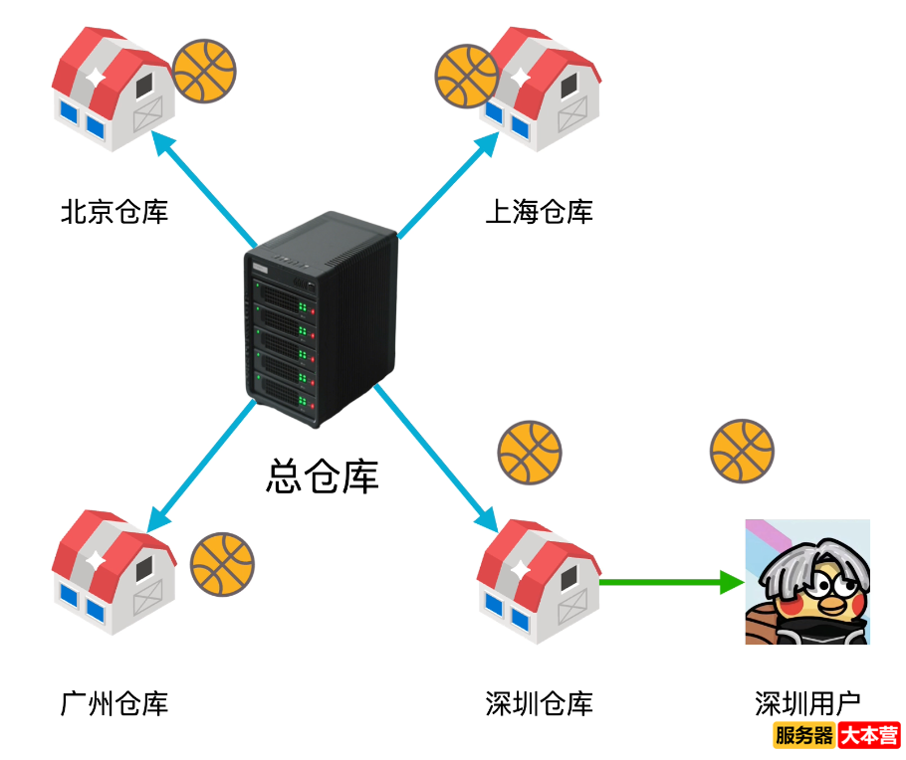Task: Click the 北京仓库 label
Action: (x=114, y=212)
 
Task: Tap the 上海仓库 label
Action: (x=539, y=212)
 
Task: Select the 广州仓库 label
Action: (x=114, y=704)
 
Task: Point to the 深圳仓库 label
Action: (x=539, y=704)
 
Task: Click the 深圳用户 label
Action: (x=807, y=704)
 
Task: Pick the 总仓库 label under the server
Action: (x=323, y=476)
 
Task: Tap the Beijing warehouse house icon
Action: (x=113, y=89)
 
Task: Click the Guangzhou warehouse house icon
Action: (x=113, y=574)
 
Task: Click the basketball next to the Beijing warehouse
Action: (x=204, y=72)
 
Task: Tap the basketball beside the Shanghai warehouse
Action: (x=466, y=77)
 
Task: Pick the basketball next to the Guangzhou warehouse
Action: (x=222, y=564)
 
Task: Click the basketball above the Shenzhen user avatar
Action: (x=742, y=451)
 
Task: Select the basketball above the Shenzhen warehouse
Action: (x=530, y=452)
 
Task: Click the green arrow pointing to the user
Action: (x=672, y=582)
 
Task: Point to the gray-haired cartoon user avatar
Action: (x=807, y=582)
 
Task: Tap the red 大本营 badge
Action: (x=869, y=736)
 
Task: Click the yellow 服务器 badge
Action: (x=803, y=736)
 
